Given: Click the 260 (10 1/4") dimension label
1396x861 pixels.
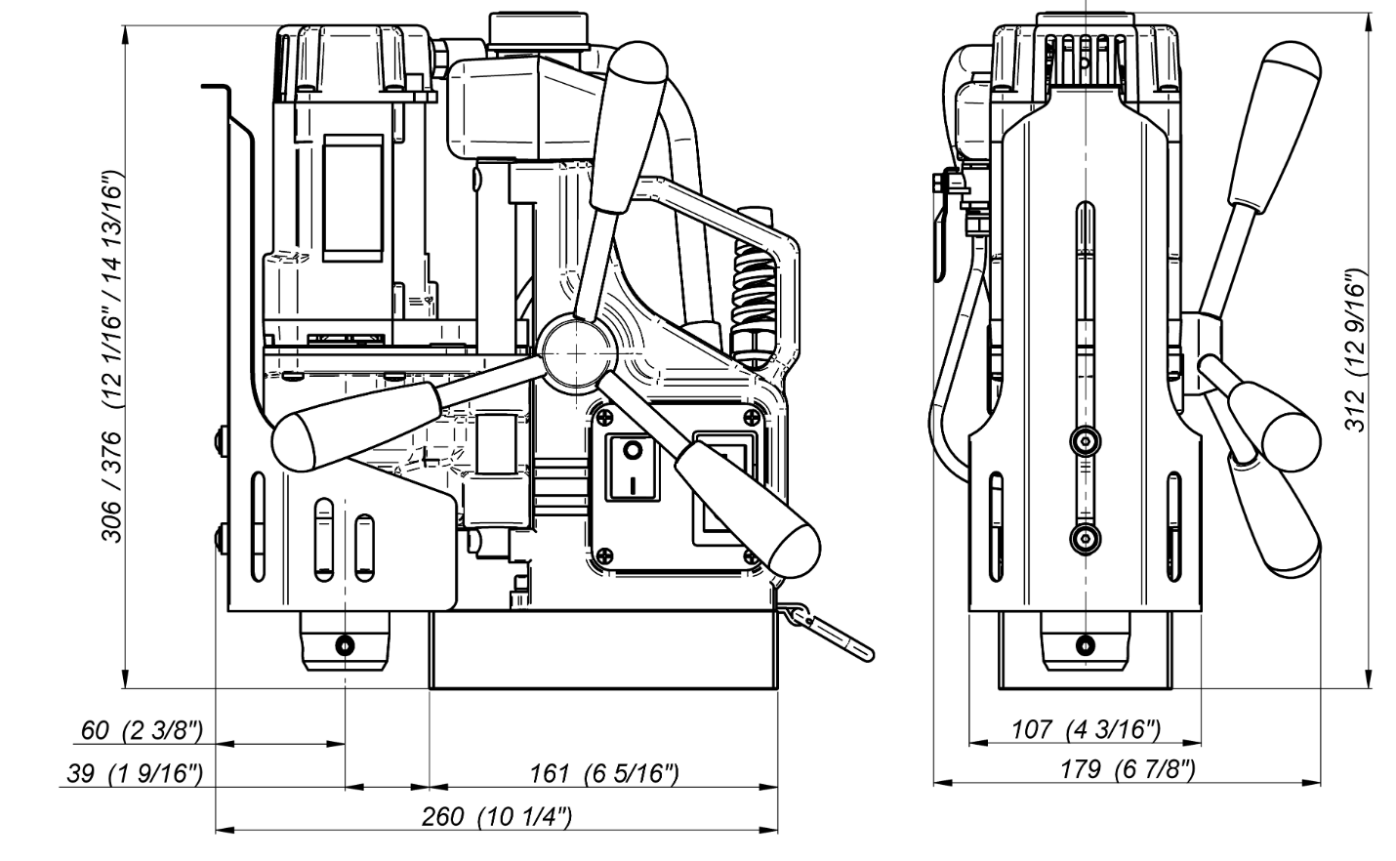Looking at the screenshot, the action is pyautogui.click(x=497, y=817).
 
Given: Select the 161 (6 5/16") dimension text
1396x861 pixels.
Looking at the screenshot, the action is pyautogui.click(x=604, y=774).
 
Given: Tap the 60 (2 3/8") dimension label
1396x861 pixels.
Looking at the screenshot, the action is pyautogui.click(x=143, y=730).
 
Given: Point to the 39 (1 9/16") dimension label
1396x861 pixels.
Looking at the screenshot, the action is pyautogui.click(x=136, y=774).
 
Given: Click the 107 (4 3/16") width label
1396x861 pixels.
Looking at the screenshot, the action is pyautogui.click(x=1086, y=729).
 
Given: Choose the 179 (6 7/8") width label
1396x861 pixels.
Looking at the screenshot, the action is pyautogui.click(x=1128, y=770).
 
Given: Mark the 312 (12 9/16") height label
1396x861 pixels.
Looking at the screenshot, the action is pyautogui.click(x=1356, y=350).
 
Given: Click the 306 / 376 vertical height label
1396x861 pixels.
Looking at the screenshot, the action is pyautogui.click(x=113, y=355).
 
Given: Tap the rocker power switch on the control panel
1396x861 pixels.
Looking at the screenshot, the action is pyautogui.click(x=633, y=469).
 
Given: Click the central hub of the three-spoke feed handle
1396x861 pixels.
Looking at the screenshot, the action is pyautogui.click(x=577, y=352).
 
